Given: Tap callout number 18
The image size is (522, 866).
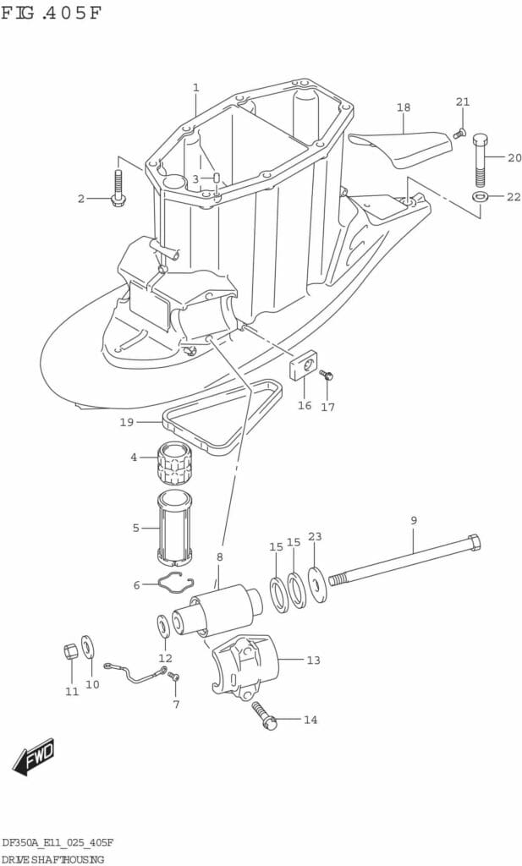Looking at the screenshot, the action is click(404, 107).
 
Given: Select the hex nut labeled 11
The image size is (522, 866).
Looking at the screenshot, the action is click(71, 652).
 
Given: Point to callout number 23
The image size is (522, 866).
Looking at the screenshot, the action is click(315, 536).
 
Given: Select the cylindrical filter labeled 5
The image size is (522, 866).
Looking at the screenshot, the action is click(174, 528).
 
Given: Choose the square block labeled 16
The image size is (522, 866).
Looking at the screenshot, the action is click(303, 365).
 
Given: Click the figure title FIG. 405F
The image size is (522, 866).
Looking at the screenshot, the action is click(52, 13).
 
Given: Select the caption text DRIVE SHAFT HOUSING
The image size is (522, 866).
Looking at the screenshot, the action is click(52, 859).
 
